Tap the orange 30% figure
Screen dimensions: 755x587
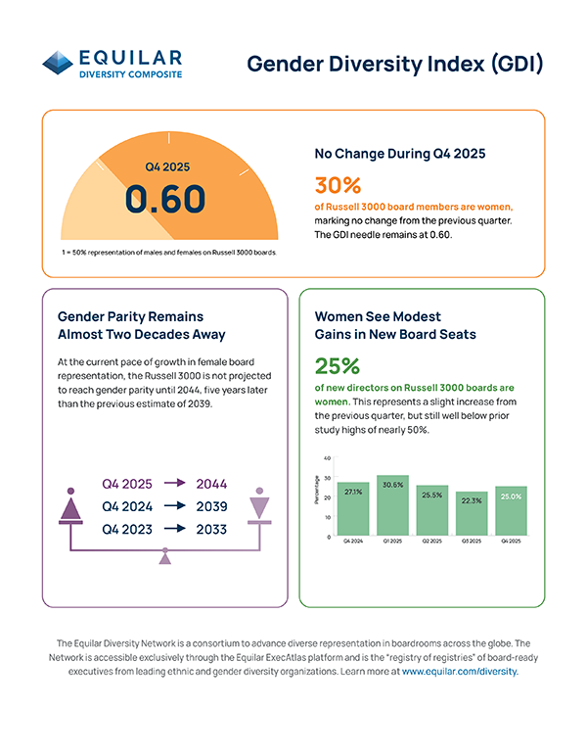pyautogui.click(x=338, y=185)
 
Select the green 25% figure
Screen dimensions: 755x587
pyautogui.click(x=338, y=365)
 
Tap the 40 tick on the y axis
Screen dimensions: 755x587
pyautogui.click(x=327, y=458)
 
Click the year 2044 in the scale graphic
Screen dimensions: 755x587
pyautogui.click(x=211, y=484)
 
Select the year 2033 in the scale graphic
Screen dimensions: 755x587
pyautogui.click(x=211, y=530)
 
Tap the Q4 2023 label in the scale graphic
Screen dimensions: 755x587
pyautogui.click(x=127, y=530)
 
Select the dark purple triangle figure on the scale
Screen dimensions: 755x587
pyautogui.click(x=69, y=506)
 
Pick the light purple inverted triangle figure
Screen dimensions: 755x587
pyautogui.click(x=258, y=506)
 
